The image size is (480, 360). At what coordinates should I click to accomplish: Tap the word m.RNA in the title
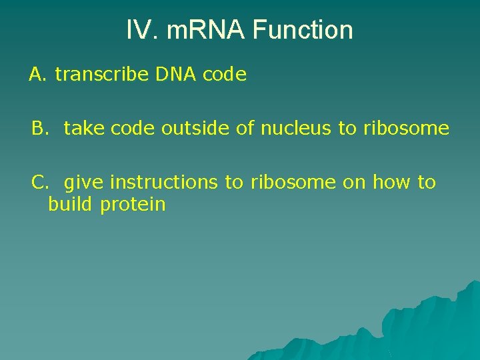(193, 30)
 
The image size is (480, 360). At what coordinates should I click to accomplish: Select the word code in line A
(225, 75)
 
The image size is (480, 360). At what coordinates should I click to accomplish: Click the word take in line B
(85, 128)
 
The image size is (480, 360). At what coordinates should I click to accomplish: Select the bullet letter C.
(41, 182)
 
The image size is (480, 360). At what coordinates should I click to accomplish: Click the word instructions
(163, 182)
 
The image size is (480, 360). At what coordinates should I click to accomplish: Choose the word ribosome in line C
(293, 182)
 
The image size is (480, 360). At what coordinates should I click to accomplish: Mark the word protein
(133, 205)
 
